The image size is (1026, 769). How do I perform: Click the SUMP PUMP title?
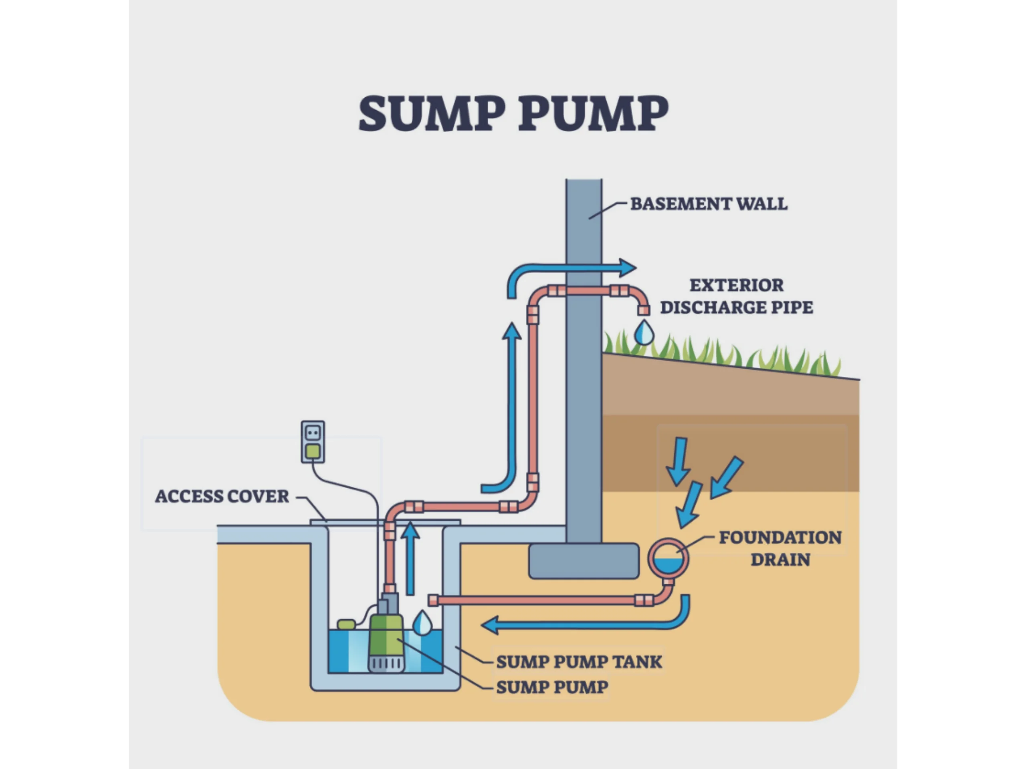513,114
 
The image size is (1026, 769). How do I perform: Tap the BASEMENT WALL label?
708,204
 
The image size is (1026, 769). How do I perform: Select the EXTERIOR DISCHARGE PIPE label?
736,296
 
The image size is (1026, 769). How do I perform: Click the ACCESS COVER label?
222,496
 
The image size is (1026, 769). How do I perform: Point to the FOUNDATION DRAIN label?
780,548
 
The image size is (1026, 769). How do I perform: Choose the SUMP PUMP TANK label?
578,662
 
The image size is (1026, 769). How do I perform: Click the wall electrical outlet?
313,442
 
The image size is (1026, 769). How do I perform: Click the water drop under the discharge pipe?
643,333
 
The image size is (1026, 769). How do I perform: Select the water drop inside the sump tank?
422,624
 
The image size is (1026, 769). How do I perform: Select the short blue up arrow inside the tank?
410,556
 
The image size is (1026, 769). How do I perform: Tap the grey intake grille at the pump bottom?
386,664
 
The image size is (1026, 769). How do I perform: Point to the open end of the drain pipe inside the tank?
433,601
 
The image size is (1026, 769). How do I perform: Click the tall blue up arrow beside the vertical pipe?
512,399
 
